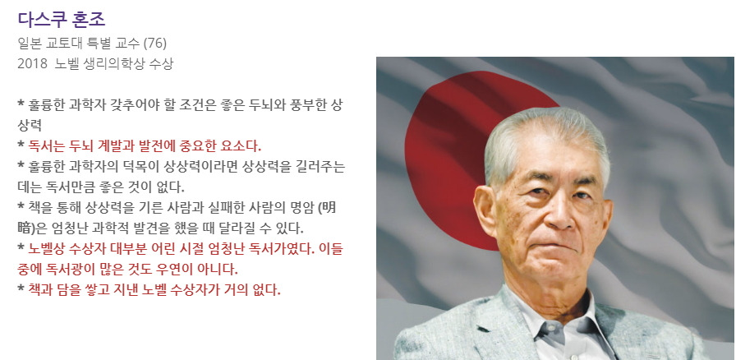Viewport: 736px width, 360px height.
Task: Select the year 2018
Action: point(32,62)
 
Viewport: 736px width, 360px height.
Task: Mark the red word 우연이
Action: point(190,269)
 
